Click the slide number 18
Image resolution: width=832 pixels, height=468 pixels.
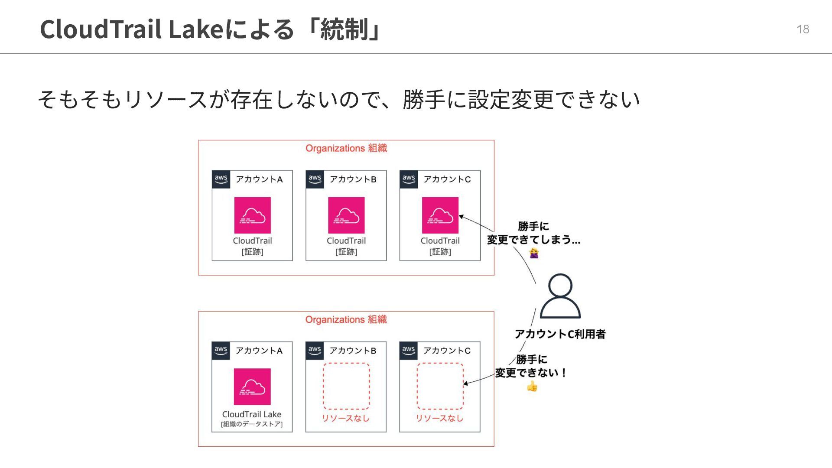(803, 29)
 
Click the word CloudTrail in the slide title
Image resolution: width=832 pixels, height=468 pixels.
(101, 29)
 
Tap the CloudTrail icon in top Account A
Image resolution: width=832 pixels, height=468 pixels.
(252, 215)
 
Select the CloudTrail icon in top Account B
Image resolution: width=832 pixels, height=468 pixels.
(346, 215)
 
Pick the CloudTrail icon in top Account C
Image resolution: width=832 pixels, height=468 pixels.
(440, 215)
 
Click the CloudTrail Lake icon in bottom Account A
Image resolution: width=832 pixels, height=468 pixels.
(252, 387)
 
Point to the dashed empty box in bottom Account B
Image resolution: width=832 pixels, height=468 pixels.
(346, 386)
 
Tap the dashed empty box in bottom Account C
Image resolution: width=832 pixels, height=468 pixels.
(440, 386)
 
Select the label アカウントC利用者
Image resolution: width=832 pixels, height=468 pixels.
(560, 334)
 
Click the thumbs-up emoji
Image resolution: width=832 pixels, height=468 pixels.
(532, 386)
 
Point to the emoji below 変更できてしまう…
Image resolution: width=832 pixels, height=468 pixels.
(534, 253)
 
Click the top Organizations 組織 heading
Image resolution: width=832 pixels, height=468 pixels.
(346, 148)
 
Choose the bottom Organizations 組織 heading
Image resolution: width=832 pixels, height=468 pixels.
(346, 320)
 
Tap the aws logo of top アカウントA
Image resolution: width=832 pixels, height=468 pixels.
(221, 179)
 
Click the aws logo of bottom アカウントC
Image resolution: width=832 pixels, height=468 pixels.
(408, 350)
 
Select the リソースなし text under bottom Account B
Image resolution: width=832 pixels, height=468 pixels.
(345, 418)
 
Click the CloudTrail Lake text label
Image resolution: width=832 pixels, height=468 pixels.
(252, 414)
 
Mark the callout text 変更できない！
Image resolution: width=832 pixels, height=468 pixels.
(531, 373)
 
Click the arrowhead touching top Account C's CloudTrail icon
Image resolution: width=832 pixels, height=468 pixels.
(461, 217)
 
